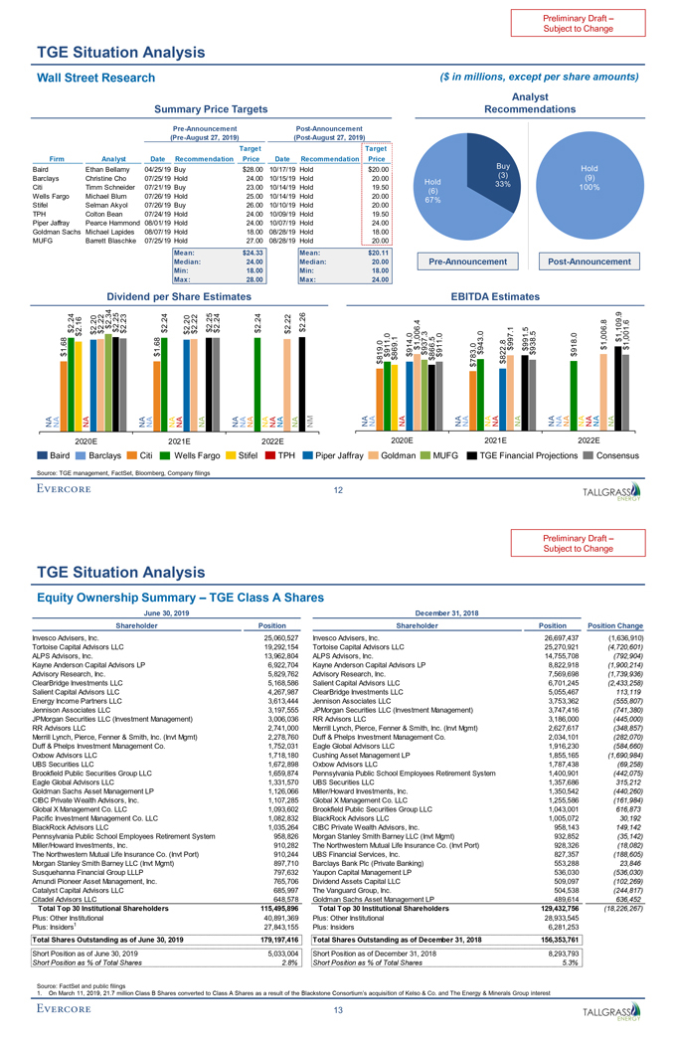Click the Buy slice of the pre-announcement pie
coord(502,177)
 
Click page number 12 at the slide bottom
coord(339,489)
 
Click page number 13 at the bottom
coord(339,1011)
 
